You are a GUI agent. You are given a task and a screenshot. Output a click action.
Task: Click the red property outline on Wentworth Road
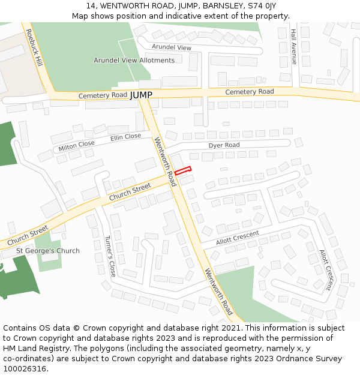click(x=183, y=171)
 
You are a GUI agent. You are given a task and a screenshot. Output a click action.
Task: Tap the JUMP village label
click(x=141, y=95)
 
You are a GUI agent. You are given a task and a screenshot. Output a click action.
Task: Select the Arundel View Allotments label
click(x=134, y=60)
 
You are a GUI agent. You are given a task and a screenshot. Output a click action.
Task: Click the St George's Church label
click(x=48, y=251)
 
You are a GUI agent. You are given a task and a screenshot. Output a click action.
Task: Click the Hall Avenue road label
click(x=294, y=47)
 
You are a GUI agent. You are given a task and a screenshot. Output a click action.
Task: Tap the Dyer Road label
click(x=224, y=145)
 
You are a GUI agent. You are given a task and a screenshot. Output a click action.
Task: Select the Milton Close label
click(x=76, y=146)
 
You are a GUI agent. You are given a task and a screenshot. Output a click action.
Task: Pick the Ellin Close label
click(x=125, y=138)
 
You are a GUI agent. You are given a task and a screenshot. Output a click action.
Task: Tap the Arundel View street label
click(x=172, y=47)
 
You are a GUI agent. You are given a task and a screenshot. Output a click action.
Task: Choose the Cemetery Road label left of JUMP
click(x=103, y=95)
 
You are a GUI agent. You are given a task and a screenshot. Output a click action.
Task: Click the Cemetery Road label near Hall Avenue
click(x=250, y=92)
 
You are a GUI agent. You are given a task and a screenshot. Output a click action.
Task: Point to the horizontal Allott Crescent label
click(x=238, y=236)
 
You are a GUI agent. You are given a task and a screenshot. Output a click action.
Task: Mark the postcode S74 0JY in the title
click(x=261, y=5)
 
